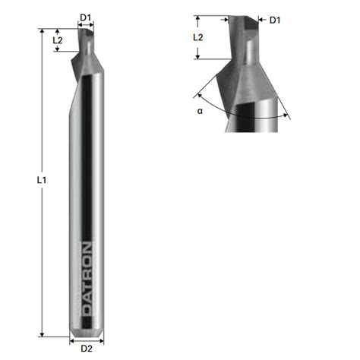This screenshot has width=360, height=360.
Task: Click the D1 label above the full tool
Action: coord(86,16)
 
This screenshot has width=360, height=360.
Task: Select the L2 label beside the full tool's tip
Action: coord(58,39)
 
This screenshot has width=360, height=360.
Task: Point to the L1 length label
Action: coord(43,180)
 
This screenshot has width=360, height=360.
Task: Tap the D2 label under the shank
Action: coord(86,349)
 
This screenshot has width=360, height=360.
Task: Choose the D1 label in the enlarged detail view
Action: coord(274,20)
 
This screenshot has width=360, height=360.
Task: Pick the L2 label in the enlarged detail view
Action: coord(197,36)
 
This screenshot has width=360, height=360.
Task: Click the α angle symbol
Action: coord(200,111)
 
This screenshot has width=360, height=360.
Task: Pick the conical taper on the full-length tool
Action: coord(87,64)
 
